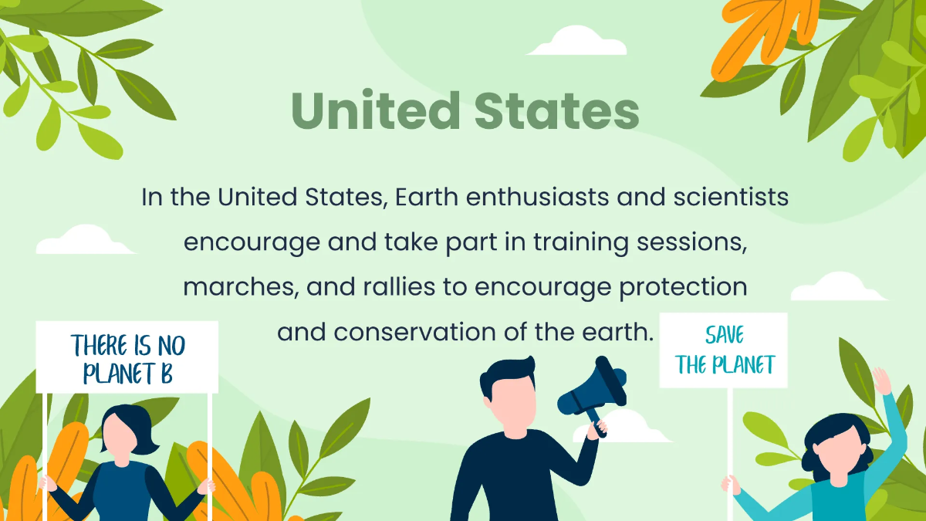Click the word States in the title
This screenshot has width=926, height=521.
556,110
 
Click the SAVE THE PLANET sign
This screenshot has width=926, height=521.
724,350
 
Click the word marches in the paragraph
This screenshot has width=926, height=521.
240,288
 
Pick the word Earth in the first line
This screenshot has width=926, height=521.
427,198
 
